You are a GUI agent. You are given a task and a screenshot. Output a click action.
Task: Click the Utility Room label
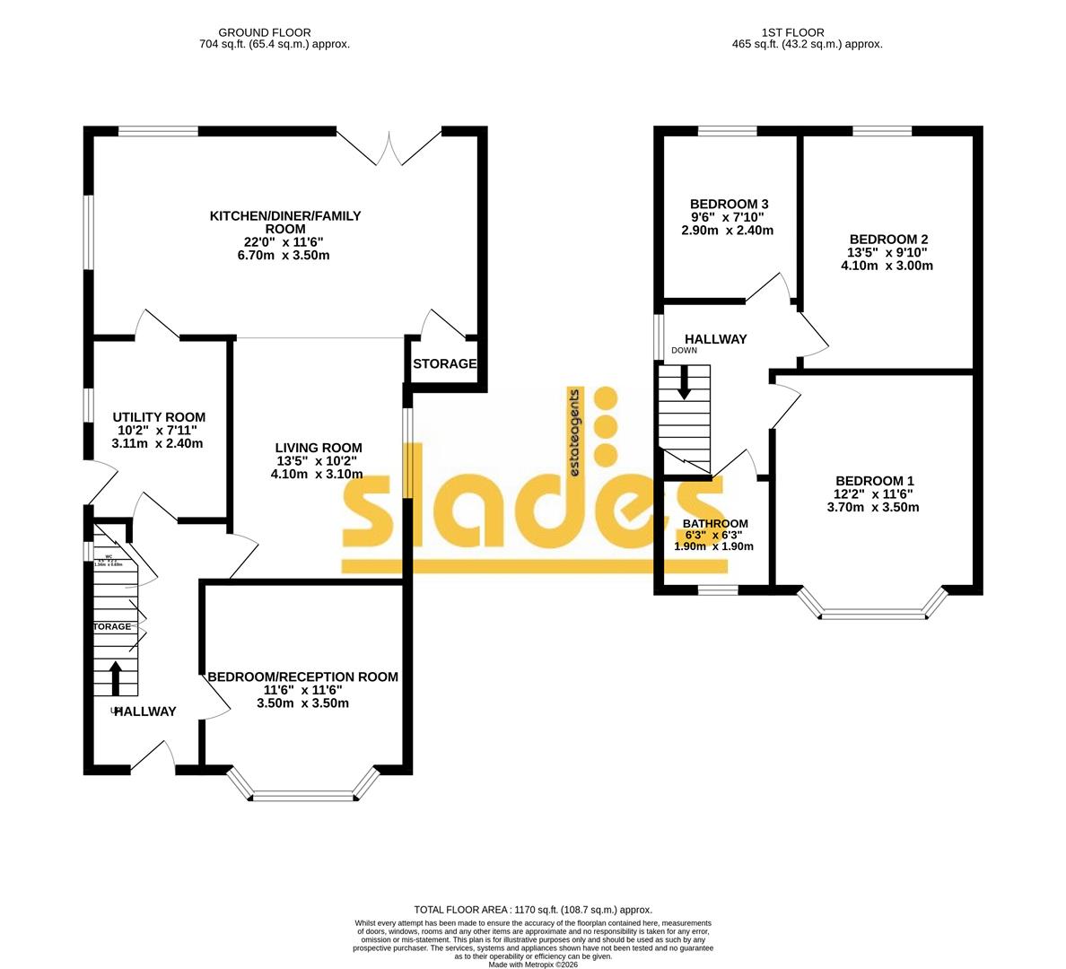pyautogui.click(x=159, y=417)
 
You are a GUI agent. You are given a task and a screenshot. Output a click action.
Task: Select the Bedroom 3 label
pyautogui.click(x=729, y=204)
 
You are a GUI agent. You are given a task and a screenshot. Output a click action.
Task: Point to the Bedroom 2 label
pyautogui.click(x=887, y=240)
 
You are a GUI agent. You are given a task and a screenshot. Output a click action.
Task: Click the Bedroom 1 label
pyautogui.click(x=874, y=481)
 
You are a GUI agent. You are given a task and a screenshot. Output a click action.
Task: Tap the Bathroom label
pyautogui.click(x=715, y=524)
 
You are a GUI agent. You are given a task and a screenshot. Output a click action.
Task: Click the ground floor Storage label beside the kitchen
pyautogui.click(x=444, y=364)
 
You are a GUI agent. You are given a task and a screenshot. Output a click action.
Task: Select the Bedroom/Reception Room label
pyautogui.click(x=302, y=677)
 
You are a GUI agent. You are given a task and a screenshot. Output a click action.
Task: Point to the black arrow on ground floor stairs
pyautogui.click(x=116, y=677)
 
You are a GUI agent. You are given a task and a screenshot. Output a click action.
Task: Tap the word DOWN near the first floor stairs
pyautogui.click(x=684, y=351)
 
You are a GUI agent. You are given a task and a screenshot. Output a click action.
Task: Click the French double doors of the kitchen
pyautogui.click(x=389, y=149)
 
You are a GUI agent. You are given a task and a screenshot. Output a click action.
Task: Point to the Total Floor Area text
pyautogui.click(x=532, y=910)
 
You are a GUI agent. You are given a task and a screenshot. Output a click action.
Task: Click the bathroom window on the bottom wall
pyautogui.click(x=718, y=590)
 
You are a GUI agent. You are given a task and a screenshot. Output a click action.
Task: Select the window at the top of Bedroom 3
pyautogui.click(x=727, y=132)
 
